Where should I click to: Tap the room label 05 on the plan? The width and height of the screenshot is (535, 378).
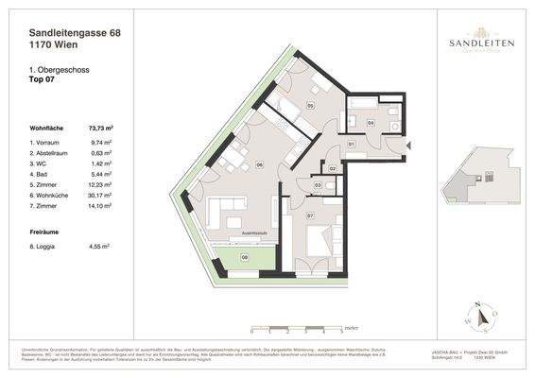click(x=311, y=107)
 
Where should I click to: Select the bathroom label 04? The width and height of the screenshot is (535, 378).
click(x=371, y=122)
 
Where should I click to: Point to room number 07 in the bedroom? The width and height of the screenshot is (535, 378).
click(x=311, y=216)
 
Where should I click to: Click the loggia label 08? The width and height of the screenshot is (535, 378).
click(x=243, y=256)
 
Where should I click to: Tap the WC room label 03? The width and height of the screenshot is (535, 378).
click(x=318, y=185)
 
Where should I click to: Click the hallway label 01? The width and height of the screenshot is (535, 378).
click(x=351, y=144)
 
